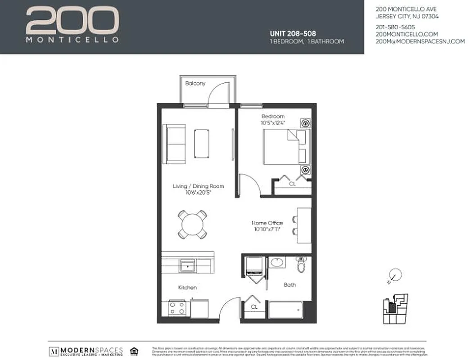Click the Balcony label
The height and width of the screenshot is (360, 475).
point(195,83)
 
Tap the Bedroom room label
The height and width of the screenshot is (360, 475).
point(273,117)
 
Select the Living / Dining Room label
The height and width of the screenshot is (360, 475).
point(199,186)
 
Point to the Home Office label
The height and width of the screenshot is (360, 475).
point(267,223)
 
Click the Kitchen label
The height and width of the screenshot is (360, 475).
point(187,288)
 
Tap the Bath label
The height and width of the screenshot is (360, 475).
point(290,285)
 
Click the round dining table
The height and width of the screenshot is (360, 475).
point(192,224)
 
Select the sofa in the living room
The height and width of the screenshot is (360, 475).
point(174,141)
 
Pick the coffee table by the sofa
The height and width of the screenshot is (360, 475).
point(201,143)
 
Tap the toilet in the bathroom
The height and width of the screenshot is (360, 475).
point(301,265)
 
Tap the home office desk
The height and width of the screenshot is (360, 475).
point(304,225)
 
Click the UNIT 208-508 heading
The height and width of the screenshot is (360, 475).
point(292,33)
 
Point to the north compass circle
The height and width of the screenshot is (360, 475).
point(395,274)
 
